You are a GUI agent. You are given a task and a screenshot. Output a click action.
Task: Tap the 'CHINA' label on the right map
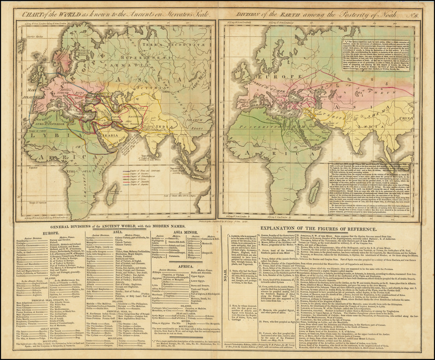tap(405, 114)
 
